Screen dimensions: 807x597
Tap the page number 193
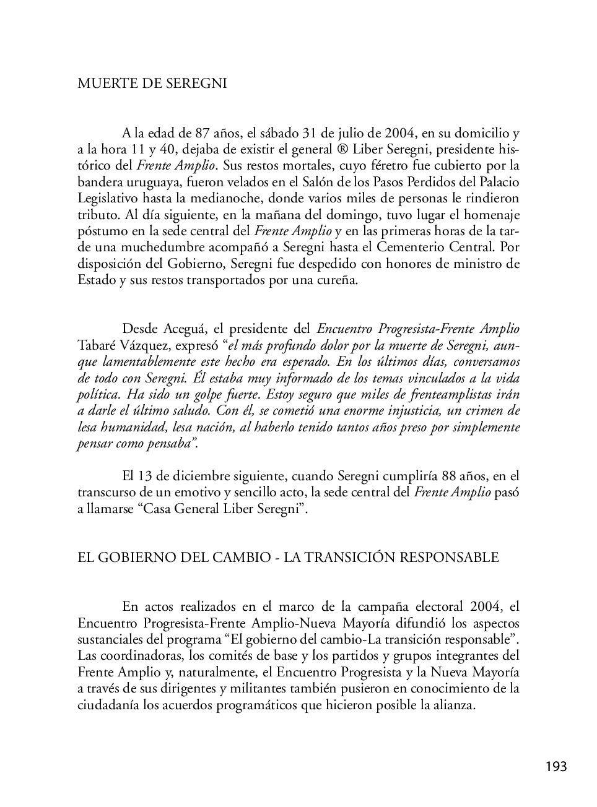[556, 767]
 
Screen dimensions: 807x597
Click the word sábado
[279, 133]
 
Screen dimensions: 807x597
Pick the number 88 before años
[450, 476]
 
